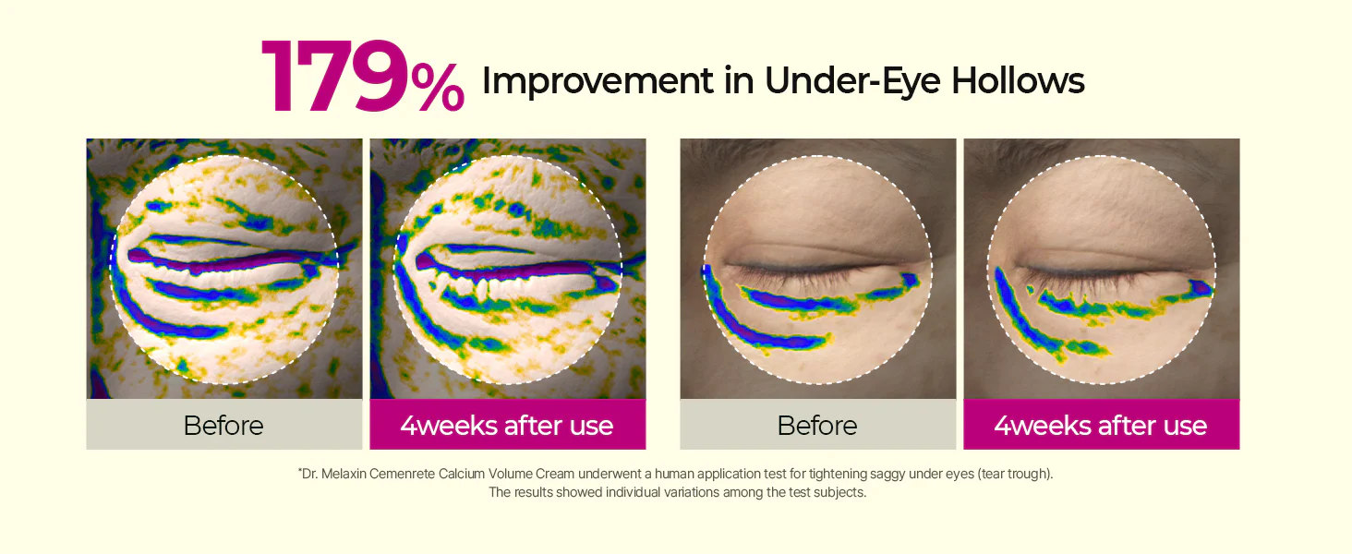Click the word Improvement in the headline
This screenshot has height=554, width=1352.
point(598,81)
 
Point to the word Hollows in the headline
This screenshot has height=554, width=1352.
point(1018,81)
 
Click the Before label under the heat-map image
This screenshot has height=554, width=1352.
point(223,426)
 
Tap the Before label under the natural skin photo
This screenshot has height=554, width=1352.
point(817,426)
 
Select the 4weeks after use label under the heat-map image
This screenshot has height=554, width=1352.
point(507,426)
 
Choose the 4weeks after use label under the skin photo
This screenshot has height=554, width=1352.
point(1101,426)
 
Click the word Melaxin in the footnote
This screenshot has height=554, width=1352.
point(344,474)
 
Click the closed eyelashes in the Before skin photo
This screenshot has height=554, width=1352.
point(809,272)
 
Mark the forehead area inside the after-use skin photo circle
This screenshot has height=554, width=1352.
point(1102,199)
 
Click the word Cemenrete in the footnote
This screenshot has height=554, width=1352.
point(402,474)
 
